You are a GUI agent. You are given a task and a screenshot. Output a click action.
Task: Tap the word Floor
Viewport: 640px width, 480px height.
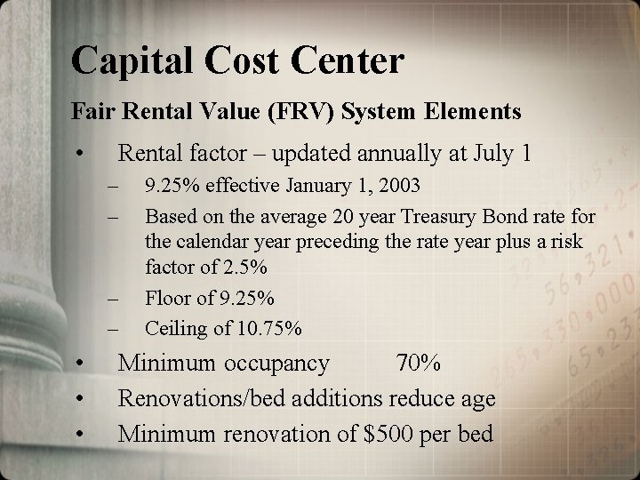(166, 298)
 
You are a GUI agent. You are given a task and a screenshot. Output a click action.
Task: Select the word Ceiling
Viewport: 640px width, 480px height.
(175, 328)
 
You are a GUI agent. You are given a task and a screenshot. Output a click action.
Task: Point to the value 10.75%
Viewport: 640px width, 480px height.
(270, 328)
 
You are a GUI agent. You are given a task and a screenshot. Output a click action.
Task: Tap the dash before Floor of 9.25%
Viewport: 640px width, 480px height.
(113, 298)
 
